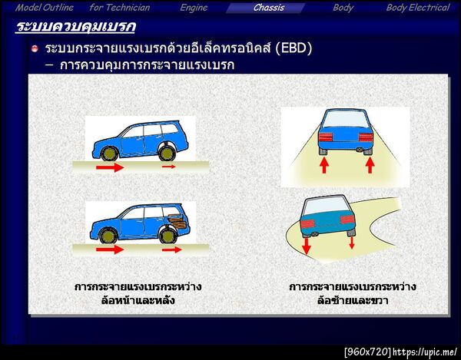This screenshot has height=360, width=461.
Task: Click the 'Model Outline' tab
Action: [45, 8]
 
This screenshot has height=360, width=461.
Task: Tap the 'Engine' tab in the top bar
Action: [194, 8]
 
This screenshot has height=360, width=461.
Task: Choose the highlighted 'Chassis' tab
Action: [269, 8]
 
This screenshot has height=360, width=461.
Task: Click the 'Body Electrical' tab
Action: [417, 8]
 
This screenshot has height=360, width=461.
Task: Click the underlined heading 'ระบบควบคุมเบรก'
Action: [75, 28]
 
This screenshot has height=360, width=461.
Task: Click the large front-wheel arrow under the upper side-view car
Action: [109, 167]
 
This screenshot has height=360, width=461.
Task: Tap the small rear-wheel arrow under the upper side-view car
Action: [168, 166]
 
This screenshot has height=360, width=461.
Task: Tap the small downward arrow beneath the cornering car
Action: [352, 243]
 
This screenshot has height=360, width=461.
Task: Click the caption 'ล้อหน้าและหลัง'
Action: [138, 300]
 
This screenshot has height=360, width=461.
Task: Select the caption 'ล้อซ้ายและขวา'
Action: [353, 300]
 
